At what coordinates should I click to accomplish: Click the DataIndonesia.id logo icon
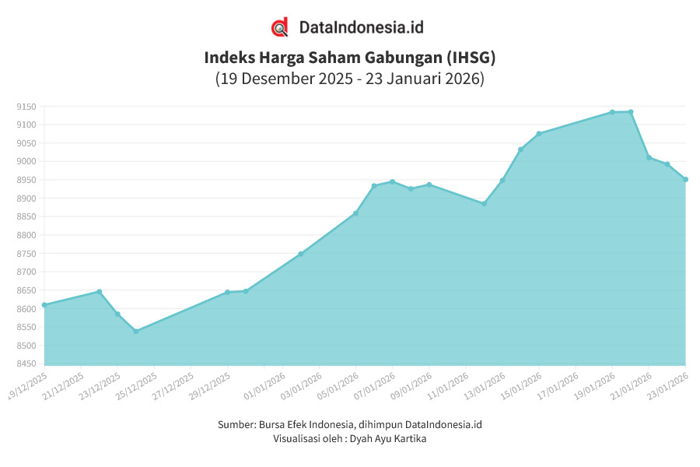click(280, 27)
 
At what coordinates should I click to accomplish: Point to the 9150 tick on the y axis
click(26, 107)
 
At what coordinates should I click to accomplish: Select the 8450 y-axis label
click(26, 364)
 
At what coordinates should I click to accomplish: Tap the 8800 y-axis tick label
click(26, 235)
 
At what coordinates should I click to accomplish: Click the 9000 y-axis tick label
click(26, 162)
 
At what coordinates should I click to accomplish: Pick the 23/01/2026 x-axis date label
click(667, 384)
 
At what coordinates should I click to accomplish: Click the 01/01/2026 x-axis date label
click(264, 384)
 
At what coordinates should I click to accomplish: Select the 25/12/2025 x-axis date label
click(135, 384)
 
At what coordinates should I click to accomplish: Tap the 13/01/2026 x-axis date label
click(484, 384)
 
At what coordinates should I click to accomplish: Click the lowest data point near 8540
click(136, 332)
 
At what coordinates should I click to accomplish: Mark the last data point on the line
click(685, 180)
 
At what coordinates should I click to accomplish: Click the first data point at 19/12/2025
click(44, 305)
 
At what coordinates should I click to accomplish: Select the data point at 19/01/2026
click(612, 112)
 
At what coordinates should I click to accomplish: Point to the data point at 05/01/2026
click(355, 213)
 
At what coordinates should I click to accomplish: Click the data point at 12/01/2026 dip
click(484, 204)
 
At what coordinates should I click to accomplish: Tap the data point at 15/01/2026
click(538, 134)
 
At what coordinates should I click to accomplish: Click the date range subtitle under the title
click(349, 79)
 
